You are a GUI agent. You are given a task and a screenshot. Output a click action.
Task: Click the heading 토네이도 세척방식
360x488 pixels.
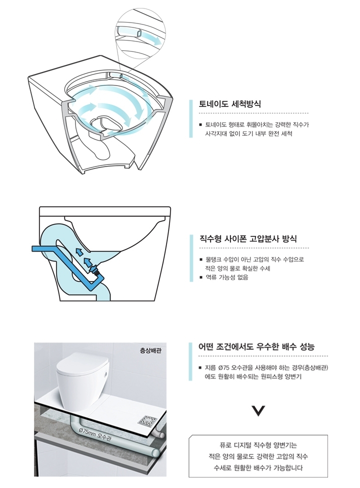pyautogui.click(x=230, y=104)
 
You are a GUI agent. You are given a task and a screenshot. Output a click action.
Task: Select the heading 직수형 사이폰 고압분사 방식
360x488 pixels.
pyautogui.click(x=248, y=238)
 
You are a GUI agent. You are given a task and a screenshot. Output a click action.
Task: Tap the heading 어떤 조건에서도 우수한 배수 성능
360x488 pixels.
pyautogui.click(x=256, y=346)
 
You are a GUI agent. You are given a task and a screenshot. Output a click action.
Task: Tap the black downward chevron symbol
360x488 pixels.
pyautogui.click(x=258, y=411)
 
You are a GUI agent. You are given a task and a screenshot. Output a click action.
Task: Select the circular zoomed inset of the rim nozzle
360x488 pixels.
pyautogui.click(x=140, y=33)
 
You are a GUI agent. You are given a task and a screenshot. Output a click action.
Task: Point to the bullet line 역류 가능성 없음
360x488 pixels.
pyautogui.click(x=227, y=277)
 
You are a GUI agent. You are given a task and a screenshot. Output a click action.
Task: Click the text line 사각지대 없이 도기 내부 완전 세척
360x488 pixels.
pyautogui.click(x=248, y=134)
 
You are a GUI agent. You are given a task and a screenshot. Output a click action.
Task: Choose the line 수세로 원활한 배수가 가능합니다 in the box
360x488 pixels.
pyautogui.click(x=258, y=467)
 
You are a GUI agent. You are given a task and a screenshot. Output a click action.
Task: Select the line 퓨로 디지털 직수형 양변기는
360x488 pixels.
pyautogui.click(x=258, y=445)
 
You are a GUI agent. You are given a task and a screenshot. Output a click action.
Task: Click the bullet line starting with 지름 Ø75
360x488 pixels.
pyautogui.click(x=266, y=367)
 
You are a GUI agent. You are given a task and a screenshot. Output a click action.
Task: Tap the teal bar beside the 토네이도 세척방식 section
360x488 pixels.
pyautogui.click(x=191, y=118)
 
